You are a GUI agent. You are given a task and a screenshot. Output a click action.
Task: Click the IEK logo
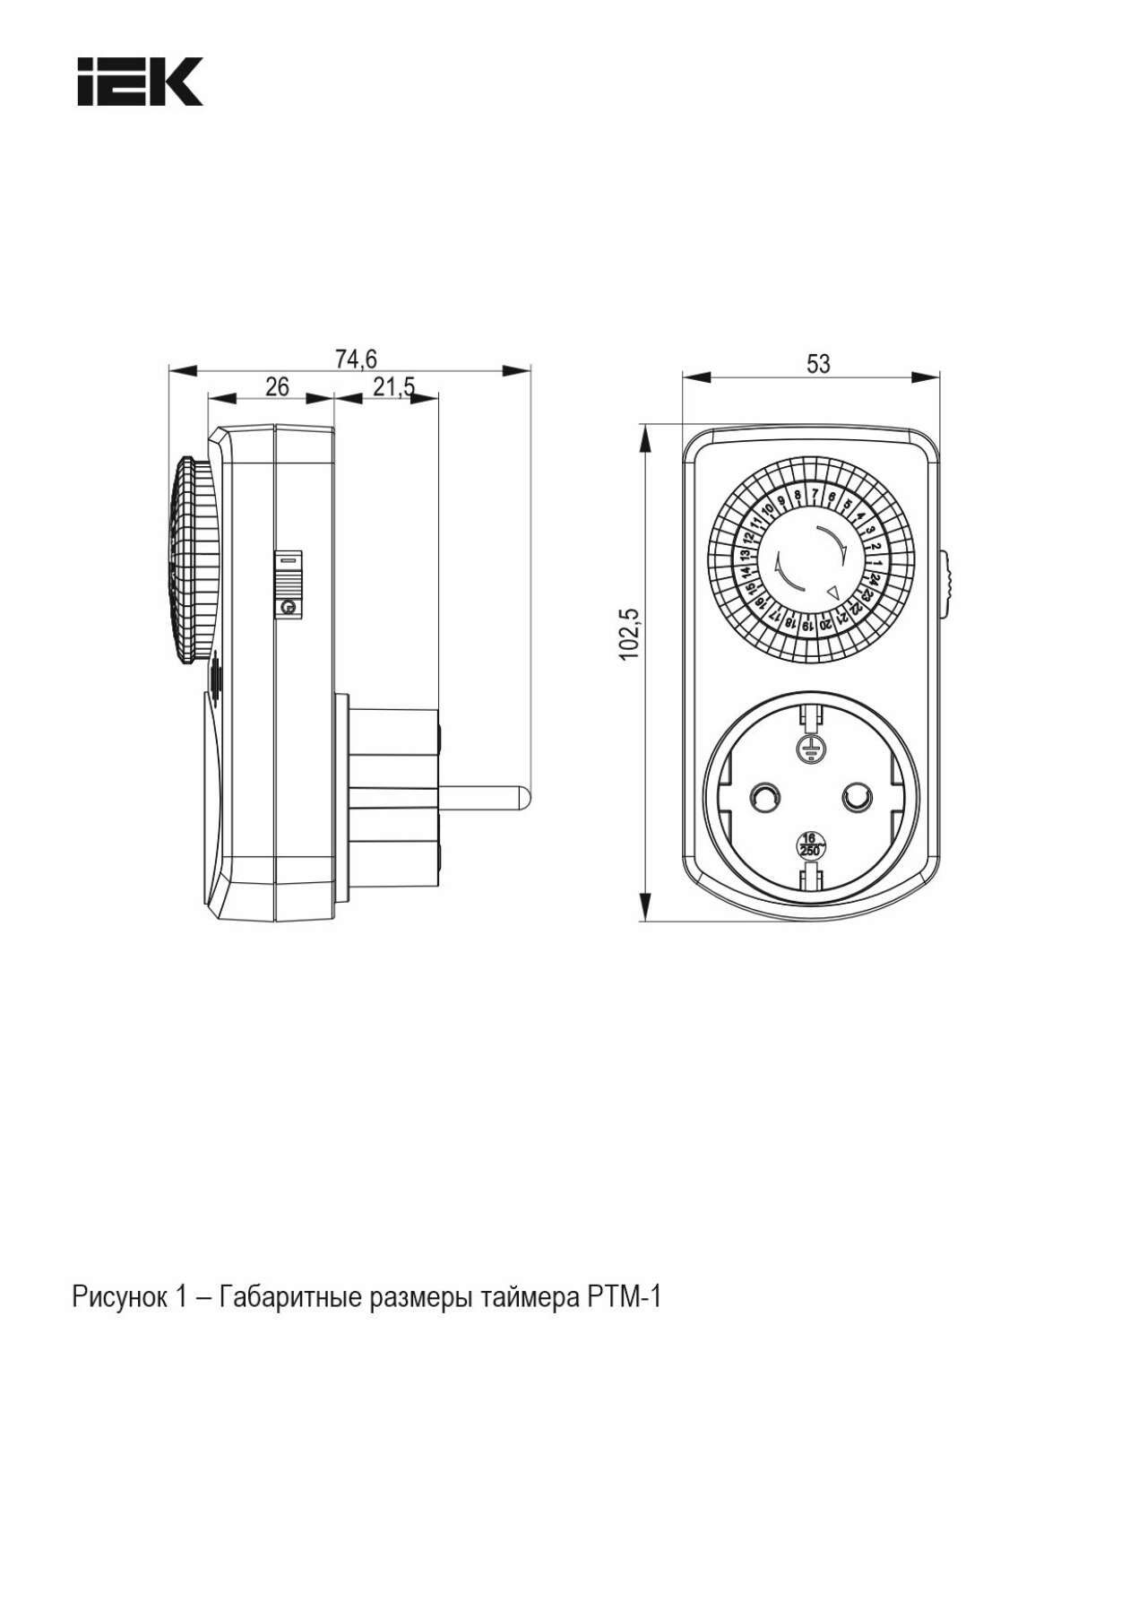point(140,82)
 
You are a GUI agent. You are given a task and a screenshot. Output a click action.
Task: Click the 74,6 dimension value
point(356,359)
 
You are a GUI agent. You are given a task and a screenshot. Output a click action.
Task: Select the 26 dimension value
point(278,386)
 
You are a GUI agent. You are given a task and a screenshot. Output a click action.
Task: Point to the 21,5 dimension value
point(394,387)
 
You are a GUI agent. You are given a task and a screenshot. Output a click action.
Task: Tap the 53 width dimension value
point(818,363)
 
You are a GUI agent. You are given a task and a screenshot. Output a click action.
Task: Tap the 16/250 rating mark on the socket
point(810,844)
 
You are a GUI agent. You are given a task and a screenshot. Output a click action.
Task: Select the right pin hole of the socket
point(857,796)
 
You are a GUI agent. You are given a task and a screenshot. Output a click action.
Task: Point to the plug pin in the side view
point(484,795)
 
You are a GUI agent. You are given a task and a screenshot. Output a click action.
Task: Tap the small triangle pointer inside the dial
point(832,592)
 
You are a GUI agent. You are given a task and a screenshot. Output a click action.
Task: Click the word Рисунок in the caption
point(119,1296)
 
